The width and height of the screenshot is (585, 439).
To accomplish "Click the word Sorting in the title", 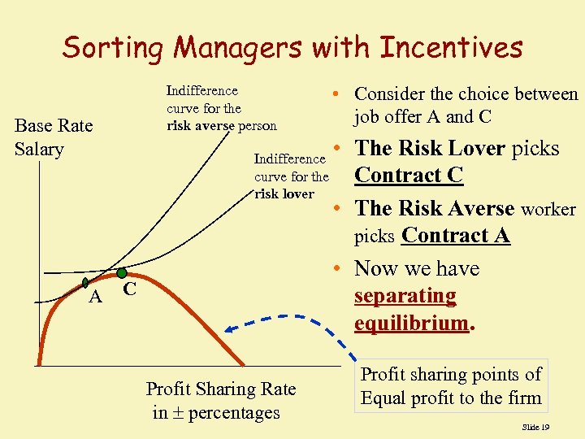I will pyautogui.click(x=113, y=48).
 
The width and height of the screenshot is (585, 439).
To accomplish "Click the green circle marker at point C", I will pyautogui.click(x=121, y=273).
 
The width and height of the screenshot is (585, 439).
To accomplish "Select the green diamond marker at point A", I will pyautogui.click(x=85, y=283).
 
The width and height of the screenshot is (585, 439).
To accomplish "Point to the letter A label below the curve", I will pyautogui.click(x=95, y=298).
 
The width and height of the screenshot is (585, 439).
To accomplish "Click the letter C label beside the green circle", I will pyautogui.click(x=129, y=290).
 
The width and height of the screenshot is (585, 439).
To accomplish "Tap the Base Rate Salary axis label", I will pyautogui.click(x=54, y=137).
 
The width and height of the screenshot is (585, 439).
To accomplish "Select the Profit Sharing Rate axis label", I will pyautogui.click(x=220, y=401).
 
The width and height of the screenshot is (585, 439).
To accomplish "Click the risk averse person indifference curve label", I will pyautogui.click(x=221, y=108).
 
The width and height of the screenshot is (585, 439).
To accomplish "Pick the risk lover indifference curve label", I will pyautogui.click(x=291, y=176).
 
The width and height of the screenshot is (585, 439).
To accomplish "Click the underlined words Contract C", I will pyautogui.click(x=409, y=176).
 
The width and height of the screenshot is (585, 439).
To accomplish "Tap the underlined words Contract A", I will pyautogui.click(x=456, y=236).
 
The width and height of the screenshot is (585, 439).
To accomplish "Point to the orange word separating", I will pyautogui.click(x=405, y=295).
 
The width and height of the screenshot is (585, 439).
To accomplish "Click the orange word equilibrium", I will pyautogui.click(x=411, y=323).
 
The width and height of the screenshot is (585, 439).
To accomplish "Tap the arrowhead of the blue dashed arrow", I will pyautogui.click(x=231, y=329).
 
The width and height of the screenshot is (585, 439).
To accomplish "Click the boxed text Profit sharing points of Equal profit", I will pyautogui.click(x=451, y=386).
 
